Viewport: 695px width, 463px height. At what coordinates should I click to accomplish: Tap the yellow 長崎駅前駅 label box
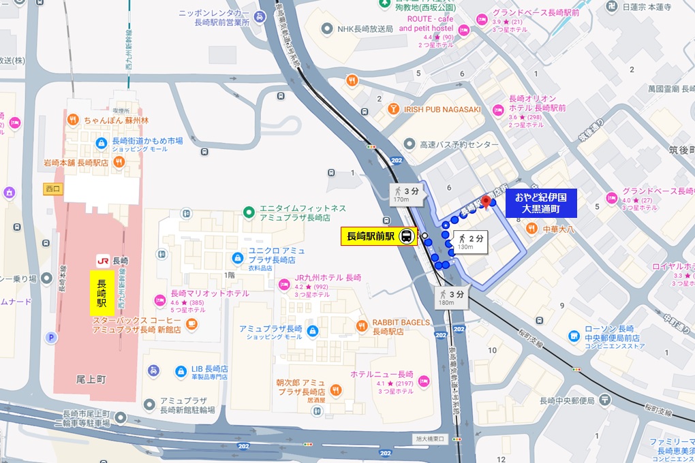(x=371, y=237)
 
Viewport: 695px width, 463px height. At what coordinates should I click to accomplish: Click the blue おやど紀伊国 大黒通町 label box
(x=541, y=203)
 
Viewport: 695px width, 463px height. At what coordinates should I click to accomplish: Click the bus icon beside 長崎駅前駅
(x=406, y=237)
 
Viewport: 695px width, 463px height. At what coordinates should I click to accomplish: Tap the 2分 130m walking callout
(x=471, y=242)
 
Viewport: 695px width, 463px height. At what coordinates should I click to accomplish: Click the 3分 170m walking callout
(x=407, y=194)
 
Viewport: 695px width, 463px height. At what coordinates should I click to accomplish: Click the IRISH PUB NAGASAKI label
(x=443, y=110)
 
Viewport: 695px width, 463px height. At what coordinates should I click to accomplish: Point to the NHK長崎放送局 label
(x=365, y=29)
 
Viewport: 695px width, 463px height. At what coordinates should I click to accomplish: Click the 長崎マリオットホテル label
(x=210, y=293)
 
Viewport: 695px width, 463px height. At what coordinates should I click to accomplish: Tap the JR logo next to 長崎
(x=103, y=261)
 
